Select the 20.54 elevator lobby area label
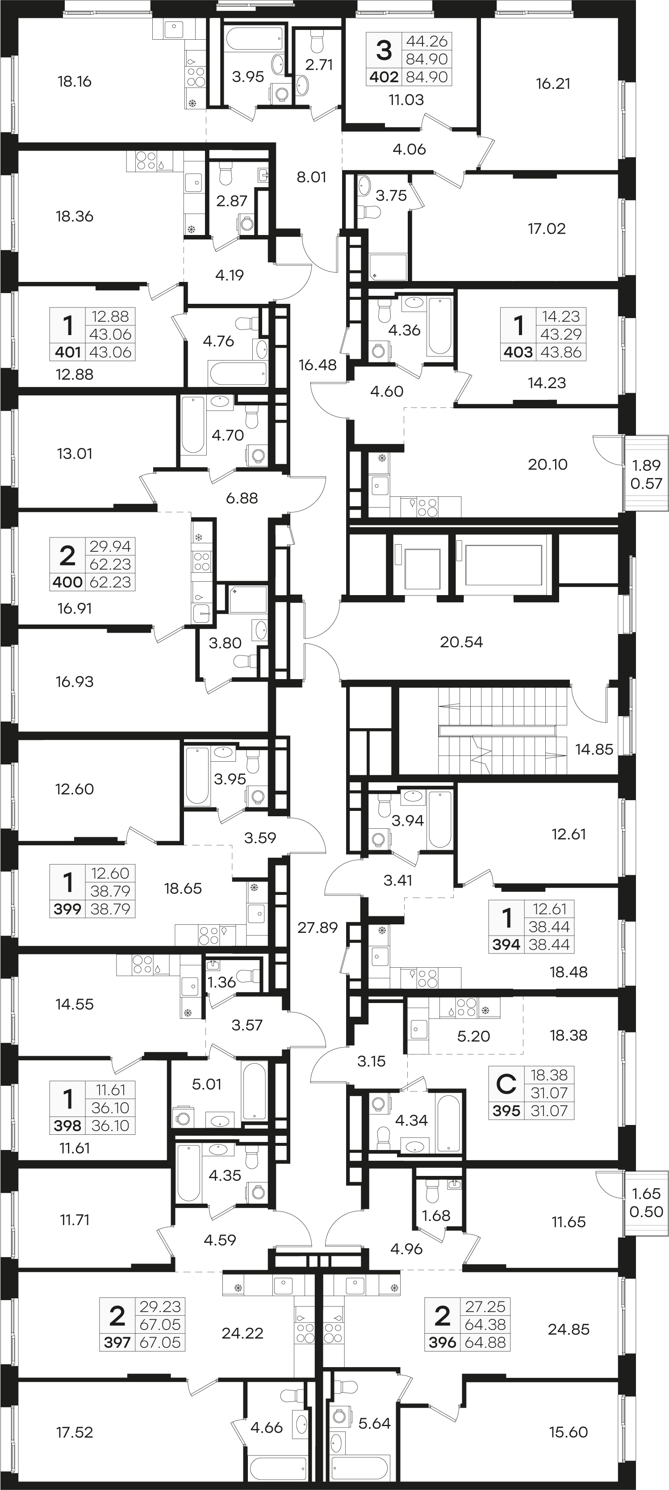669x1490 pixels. (x=461, y=642)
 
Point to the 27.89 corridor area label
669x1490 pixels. (x=317, y=928)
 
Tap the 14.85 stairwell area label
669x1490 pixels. (x=594, y=749)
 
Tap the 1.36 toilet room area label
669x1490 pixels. (x=221, y=982)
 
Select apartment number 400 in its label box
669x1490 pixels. (x=67, y=582)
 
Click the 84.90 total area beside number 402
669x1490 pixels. (x=427, y=77)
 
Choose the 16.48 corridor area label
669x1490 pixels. (x=318, y=365)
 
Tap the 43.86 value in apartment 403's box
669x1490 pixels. (x=560, y=352)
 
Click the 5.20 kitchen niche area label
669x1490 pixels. (x=473, y=1036)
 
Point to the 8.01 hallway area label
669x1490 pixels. (x=311, y=177)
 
